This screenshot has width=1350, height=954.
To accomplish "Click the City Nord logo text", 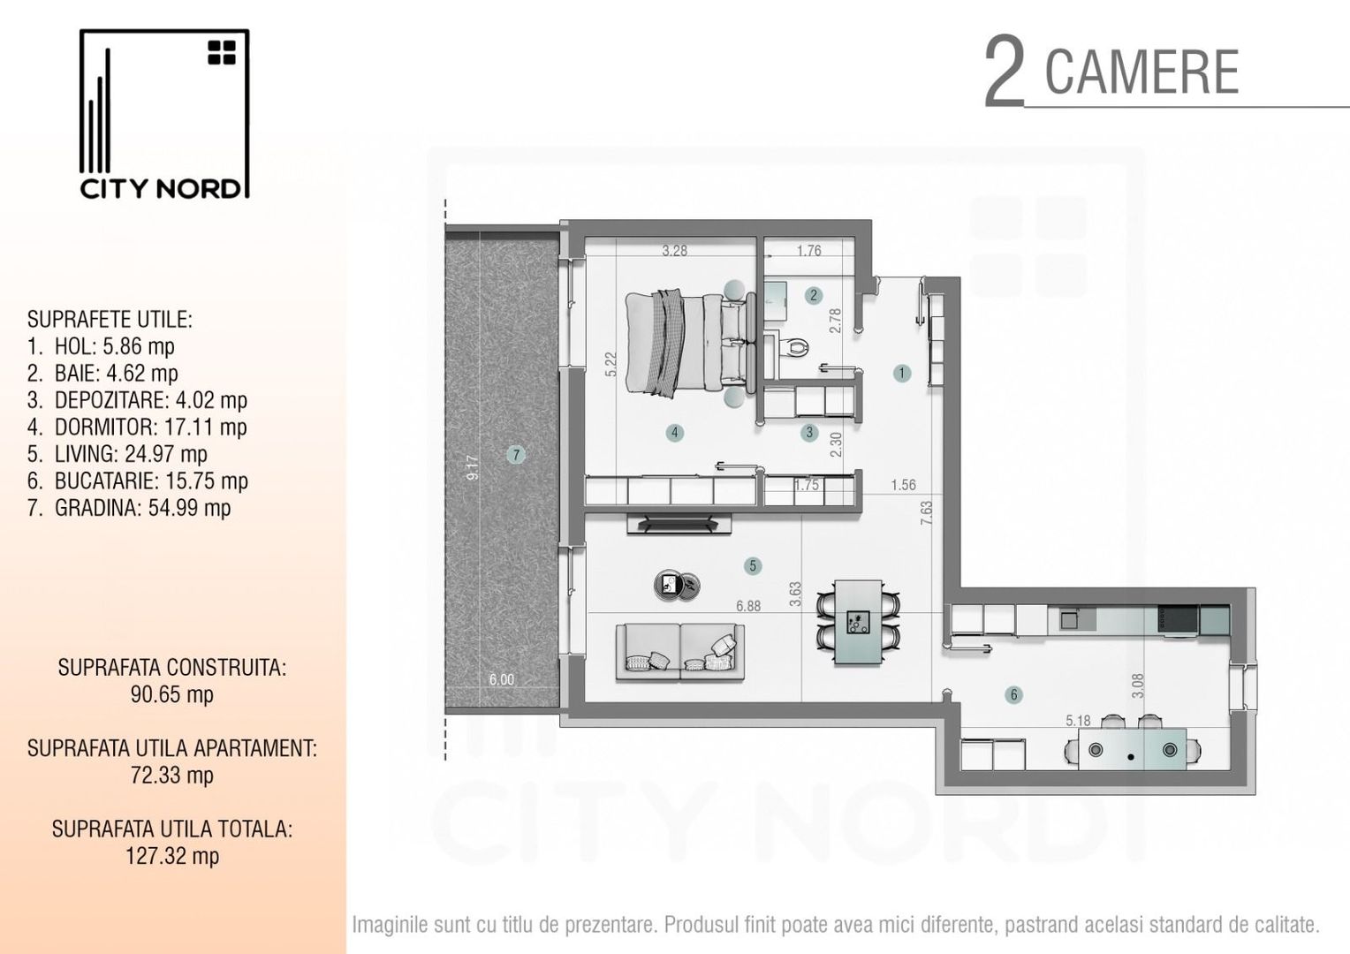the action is click(160, 189).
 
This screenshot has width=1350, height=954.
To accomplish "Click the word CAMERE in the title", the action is click(1141, 72).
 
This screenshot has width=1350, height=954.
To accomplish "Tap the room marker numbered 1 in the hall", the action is click(901, 373).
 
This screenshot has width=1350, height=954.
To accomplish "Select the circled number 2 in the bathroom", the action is click(814, 295).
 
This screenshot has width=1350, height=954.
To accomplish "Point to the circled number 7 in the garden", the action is click(516, 454).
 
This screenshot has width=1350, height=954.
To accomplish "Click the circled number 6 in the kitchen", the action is click(1013, 695).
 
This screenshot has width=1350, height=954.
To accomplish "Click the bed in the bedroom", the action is click(691, 344).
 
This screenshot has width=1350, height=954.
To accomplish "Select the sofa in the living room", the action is click(679, 652).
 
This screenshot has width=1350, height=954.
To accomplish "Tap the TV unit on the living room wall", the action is click(679, 524).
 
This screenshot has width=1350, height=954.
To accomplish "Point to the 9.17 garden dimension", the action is click(473, 467).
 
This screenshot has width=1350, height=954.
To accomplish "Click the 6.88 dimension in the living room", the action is click(748, 606).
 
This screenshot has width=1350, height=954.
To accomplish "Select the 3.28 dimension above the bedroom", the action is click(674, 251).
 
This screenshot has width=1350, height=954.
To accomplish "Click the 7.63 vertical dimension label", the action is click(926, 513).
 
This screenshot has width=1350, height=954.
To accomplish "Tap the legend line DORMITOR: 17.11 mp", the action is click(137, 428).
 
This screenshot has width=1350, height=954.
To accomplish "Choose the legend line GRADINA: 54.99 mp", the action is click(129, 508).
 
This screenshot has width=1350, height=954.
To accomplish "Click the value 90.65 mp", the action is click(171, 695).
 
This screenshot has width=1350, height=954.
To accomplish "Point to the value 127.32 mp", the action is click(171, 856).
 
